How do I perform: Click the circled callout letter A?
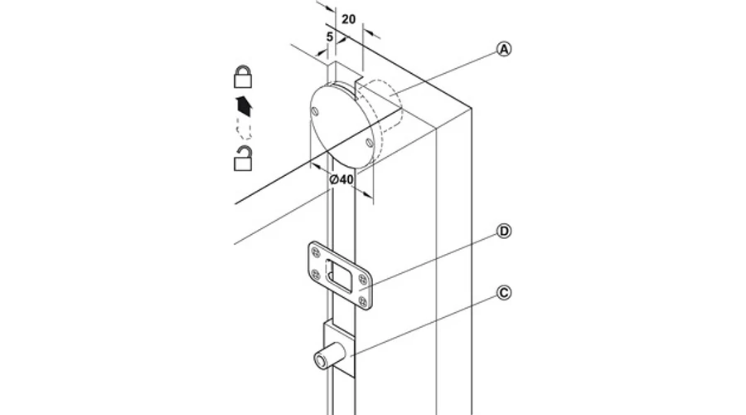[504, 49]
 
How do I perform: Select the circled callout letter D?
[504, 232]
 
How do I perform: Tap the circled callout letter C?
[504, 292]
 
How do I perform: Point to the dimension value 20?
[349, 19]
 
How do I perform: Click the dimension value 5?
[330, 37]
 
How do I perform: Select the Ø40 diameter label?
[342, 179]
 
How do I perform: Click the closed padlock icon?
[243, 76]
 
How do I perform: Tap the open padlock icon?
[243, 159]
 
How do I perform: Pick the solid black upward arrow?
[244, 105]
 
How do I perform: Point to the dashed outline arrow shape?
[244, 129]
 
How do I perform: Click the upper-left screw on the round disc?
[314, 111]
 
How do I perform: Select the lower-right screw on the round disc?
[369, 142]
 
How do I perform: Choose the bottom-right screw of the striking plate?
[364, 300]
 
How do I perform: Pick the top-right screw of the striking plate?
[364, 279]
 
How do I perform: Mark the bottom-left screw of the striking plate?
[315, 274]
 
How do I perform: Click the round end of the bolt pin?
[320, 361]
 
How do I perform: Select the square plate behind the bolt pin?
[339, 349]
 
